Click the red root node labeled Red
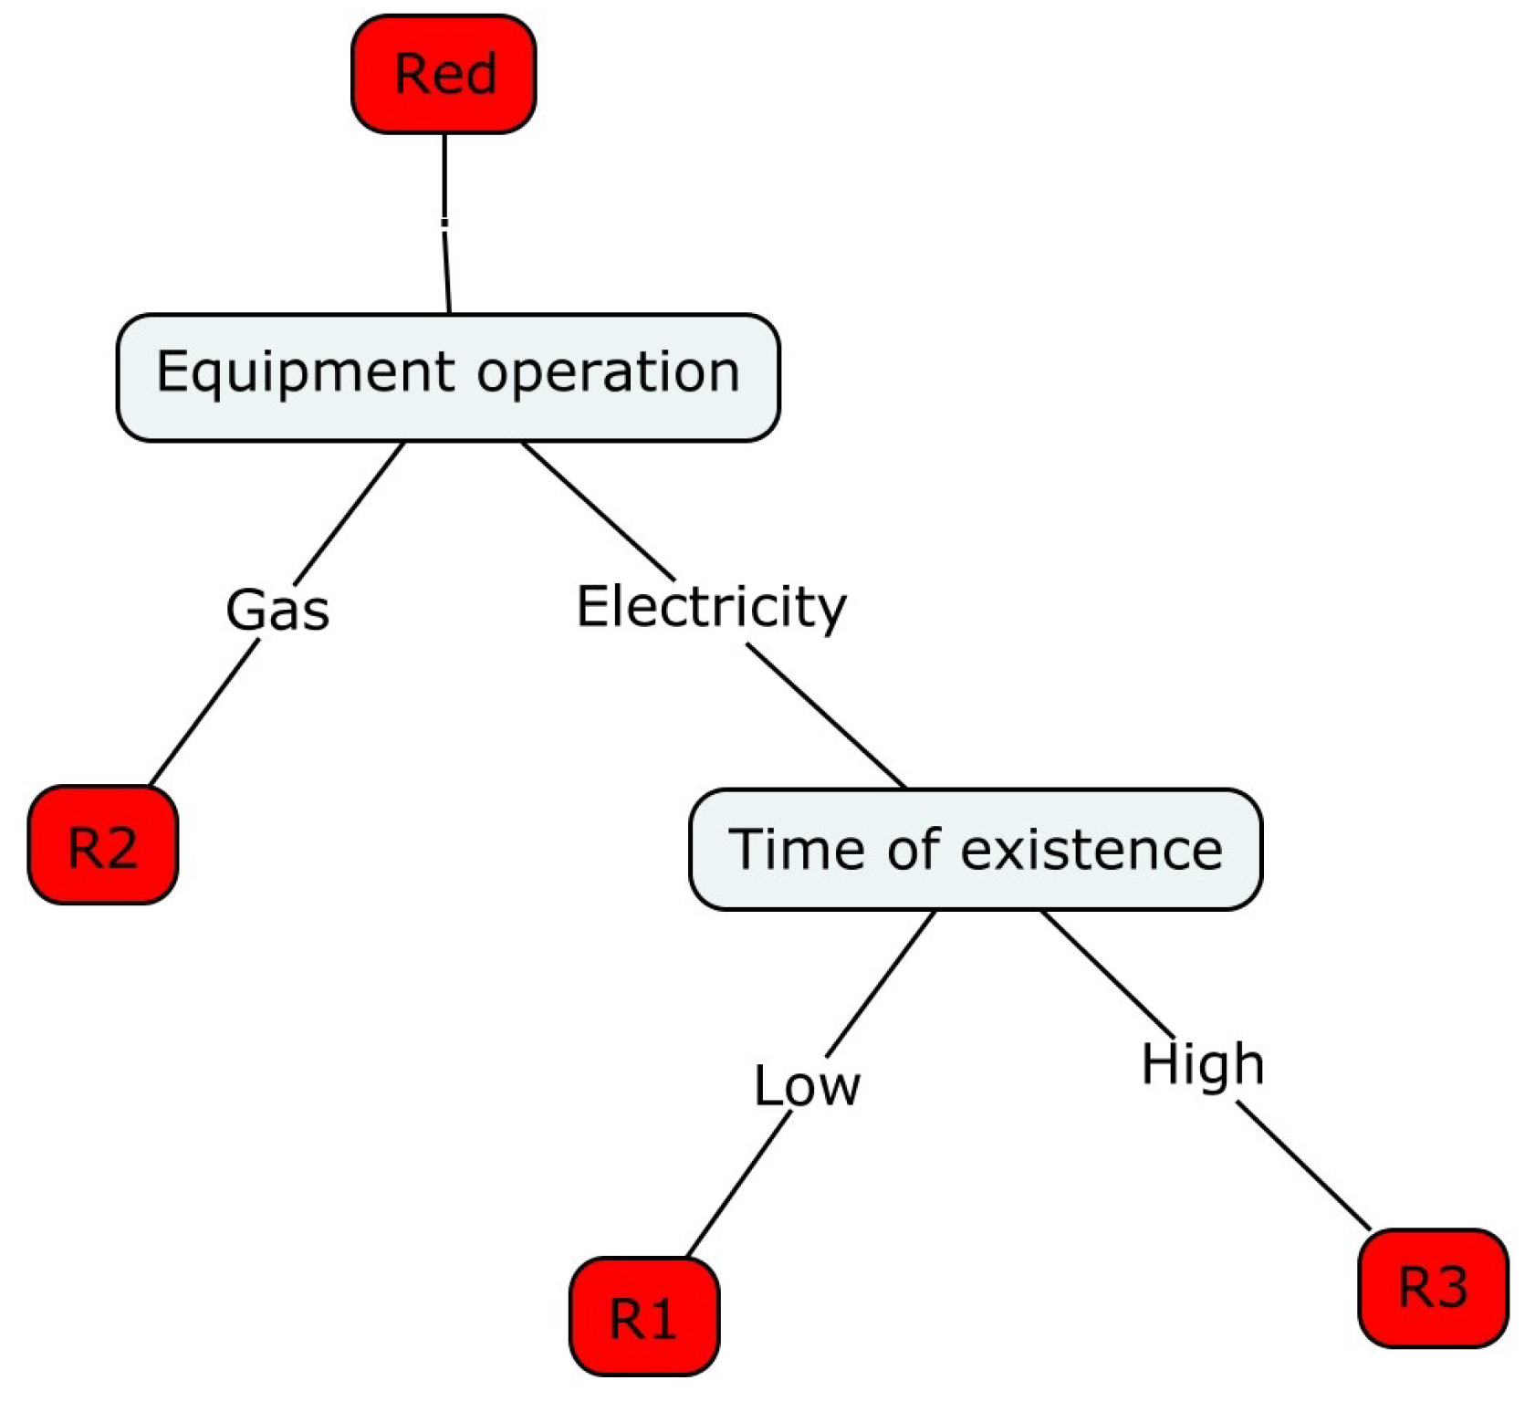pyautogui.click(x=444, y=74)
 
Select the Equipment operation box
pyautogui.click(x=447, y=377)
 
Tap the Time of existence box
pyautogui.click(x=975, y=849)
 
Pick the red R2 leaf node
pyautogui.click(x=103, y=845)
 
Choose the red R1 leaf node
pyautogui.click(x=643, y=1316)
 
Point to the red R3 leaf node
pyautogui.click(x=1433, y=1287)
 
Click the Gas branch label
pyautogui.click(x=277, y=610)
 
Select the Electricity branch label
pyautogui.click(x=711, y=607)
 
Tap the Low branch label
pyautogui.click(x=807, y=1085)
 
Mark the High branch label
pyautogui.click(x=1203, y=1064)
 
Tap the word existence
pyautogui.click(x=1091, y=849)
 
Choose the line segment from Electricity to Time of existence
pyautogui.click(x=826, y=716)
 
